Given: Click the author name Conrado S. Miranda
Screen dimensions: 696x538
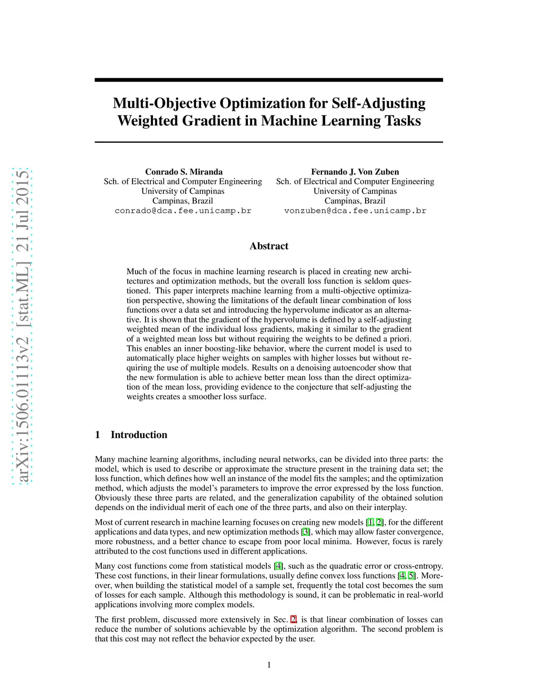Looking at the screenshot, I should pyautogui.click(x=183, y=172).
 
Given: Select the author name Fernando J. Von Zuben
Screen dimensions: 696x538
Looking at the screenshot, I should pyautogui.click(x=355, y=172).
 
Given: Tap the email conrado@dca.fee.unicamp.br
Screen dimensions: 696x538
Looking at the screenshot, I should pyautogui.click(x=183, y=211).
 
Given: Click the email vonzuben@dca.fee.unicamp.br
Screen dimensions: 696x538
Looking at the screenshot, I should pyautogui.click(x=355, y=211).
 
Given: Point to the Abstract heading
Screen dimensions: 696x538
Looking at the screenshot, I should pyautogui.click(x=268, y=246).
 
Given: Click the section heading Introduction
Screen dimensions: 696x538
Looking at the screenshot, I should pyautogui.click(x=139, y=434).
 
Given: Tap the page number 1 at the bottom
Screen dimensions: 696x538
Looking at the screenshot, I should pyautogui.click(x=269, y=665).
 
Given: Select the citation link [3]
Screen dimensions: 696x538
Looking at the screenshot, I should pyautogui.click(x=305, y=532).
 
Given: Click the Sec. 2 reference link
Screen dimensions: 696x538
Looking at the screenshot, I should pyautogui.click(x=294, y=619).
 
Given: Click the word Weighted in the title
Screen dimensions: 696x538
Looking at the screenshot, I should pyautogui.click(x=148, y=121).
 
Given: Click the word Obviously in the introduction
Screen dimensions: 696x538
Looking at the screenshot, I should pyautogui.click(x=112, y=497).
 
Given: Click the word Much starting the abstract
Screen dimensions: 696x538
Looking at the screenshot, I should pyautogui.click(x=136, y=272).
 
